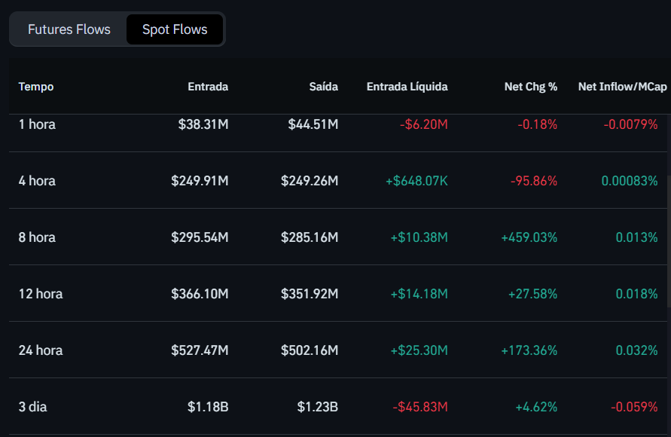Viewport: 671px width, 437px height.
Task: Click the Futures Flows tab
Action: pos(69,29)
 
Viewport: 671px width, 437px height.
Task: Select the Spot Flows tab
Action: pos(175,29)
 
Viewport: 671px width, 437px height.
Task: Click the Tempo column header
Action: pos(36,87)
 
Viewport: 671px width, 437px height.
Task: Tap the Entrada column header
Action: pos(208,87)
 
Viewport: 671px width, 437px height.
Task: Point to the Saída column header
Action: pos(324,87)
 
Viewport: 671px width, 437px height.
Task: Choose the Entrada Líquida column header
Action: pos(407,87)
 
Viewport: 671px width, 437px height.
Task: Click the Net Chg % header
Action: pos(531,87)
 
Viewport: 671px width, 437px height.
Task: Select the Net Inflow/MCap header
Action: pos(622,87)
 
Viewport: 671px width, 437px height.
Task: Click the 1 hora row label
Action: pos(37,124)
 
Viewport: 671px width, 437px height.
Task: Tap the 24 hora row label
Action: pos(41,350)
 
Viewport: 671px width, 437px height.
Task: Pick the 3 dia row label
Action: pos(33,407)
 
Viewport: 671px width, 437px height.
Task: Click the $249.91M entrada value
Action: pos(200,181)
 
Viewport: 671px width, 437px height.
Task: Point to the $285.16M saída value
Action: pos(310,237)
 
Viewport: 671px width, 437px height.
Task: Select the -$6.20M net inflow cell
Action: pos(423,124)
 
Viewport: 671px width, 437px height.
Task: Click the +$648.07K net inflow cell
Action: pos(416,181)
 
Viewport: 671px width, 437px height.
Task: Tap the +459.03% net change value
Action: pos(529,237)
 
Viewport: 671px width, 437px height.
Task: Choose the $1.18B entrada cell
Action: pos(208,407)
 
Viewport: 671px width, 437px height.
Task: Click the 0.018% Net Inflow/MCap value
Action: pos(636,294)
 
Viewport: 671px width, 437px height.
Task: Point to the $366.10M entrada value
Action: pos(200,294)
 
